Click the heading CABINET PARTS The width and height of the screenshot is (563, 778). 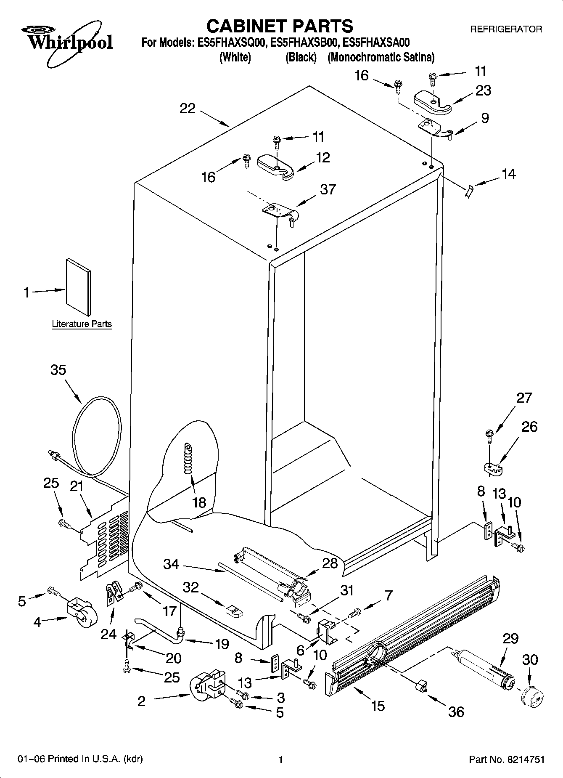(280, 26)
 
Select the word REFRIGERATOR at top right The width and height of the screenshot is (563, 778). (506, 29)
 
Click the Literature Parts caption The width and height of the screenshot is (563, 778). (82, 324)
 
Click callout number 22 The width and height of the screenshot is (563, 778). (188, 109)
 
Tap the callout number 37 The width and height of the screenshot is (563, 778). (328, 189)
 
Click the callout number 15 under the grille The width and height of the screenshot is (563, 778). (378, 706)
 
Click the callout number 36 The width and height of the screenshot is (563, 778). (456, 711)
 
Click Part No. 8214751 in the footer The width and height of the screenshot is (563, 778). (507, 759)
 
